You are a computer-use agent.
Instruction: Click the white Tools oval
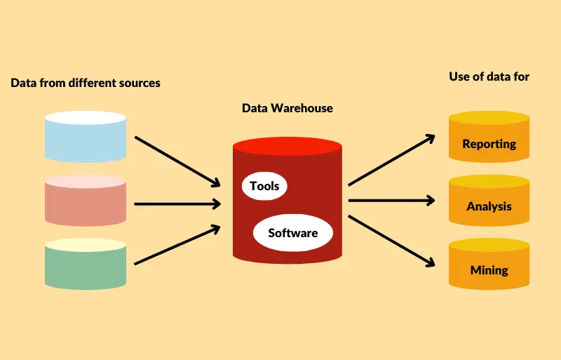[264, 186]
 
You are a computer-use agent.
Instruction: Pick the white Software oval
[292, 233]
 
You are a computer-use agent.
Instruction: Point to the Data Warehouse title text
[287, 108]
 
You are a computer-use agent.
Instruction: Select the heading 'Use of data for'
[489, 76]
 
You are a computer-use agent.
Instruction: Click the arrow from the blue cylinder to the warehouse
[177, 161]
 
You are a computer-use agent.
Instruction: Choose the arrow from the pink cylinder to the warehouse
[177, 204]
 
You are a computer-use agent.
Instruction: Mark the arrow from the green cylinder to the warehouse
[177, 245]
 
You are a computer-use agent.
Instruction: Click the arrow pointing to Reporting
[391, 161]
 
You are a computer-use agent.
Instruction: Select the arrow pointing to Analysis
[391, 201]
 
